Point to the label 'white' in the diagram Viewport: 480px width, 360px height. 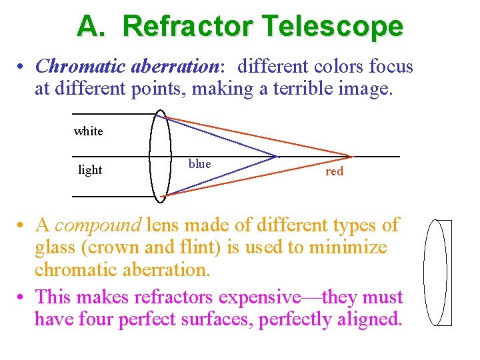click(x=88, y=131)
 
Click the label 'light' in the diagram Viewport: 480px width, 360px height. click(x=90, y=170)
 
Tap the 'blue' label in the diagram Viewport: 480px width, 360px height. click(x=199, y=164)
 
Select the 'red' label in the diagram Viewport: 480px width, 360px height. click(x=334, y=171)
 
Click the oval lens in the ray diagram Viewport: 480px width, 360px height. click(x=160, y=156)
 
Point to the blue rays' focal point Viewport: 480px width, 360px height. click(x=275, y=157)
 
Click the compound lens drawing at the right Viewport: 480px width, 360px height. click(x=437, y=273)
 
